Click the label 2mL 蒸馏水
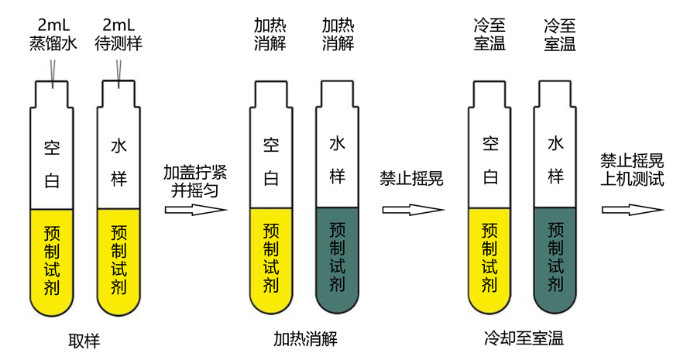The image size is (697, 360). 53,35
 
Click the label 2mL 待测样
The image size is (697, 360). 118,35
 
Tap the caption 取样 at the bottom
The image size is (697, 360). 84,341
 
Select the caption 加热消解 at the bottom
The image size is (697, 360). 305,338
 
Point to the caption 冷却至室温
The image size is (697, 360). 524,338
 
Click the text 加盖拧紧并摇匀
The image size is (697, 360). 195,181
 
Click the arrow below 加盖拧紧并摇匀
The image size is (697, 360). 196,210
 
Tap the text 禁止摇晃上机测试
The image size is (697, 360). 632,170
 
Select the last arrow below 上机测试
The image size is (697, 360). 633,210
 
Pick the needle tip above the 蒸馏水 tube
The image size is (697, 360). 53,87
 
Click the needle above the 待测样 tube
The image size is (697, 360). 118,74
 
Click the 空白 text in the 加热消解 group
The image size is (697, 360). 271,161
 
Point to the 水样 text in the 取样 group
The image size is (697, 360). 118,163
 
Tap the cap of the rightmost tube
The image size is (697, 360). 555,94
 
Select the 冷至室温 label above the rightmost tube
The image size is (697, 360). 560,35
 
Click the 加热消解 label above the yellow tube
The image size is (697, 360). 270,35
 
